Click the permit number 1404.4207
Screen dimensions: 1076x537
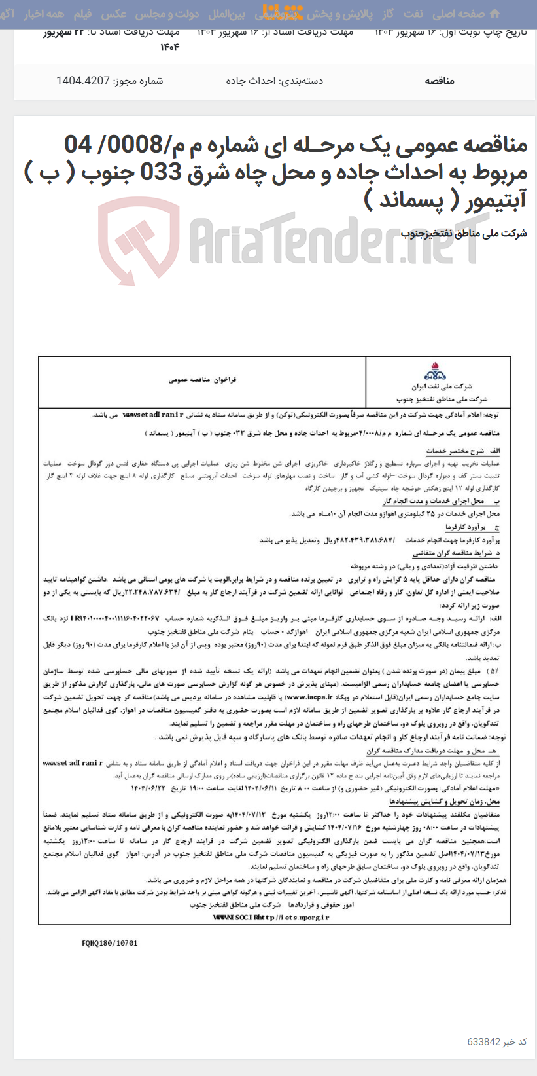click(x=82, y=81)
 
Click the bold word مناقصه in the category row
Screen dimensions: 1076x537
click(x=439, y=81)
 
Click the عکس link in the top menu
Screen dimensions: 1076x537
click(x=114, y=14)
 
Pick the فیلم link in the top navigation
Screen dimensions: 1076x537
click(x=82, y=14)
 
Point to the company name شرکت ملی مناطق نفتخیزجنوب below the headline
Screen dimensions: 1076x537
click(x=464, y=234)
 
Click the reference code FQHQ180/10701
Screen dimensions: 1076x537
click(x=110, y=944)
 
